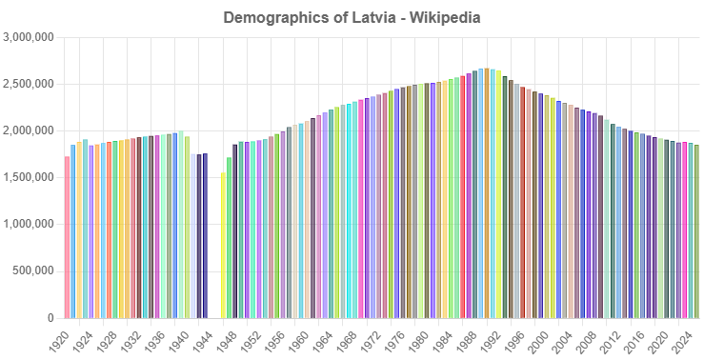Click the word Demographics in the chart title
pos(271,18)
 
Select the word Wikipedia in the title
pos(445,18)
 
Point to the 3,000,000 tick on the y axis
pos(30,37)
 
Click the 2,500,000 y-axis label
pos(30,84)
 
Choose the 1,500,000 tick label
pos(30,177)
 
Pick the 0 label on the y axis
pos(51,318)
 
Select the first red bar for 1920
pos(67,238)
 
